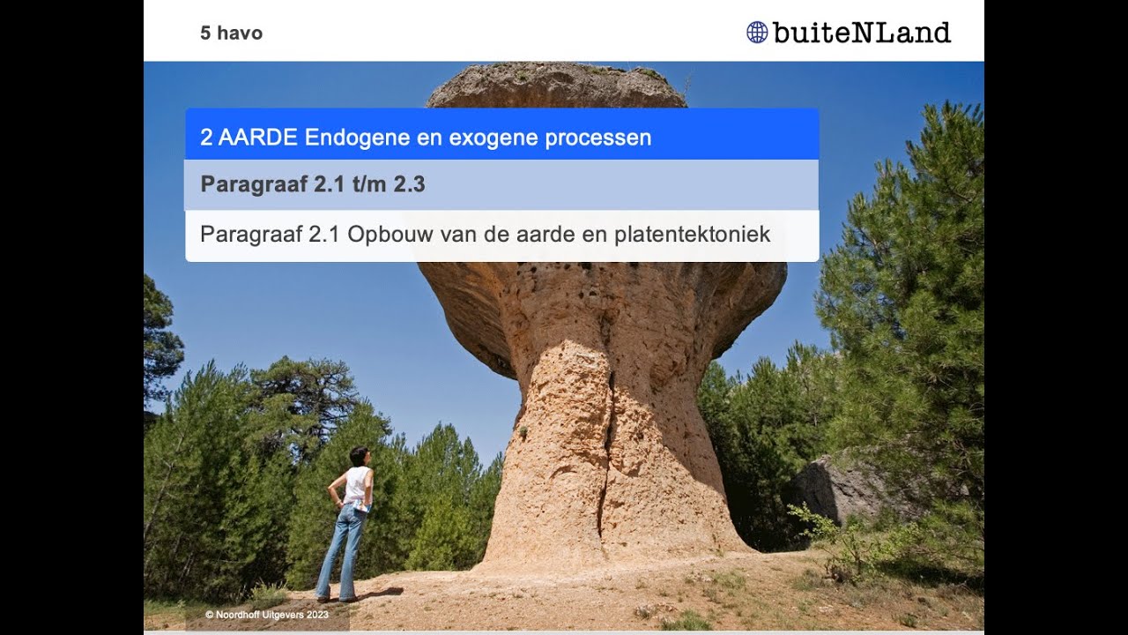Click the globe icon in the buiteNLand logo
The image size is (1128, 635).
[757, 33]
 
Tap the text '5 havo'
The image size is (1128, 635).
[231, 34]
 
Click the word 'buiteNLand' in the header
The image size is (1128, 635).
[861, 34]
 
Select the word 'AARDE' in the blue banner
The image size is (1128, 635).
[260, 138]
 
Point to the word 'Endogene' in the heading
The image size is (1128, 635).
[345, 138]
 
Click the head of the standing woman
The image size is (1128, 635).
[359, 456]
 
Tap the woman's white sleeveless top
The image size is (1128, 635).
[357, 485]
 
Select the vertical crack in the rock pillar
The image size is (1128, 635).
[606, 450]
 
